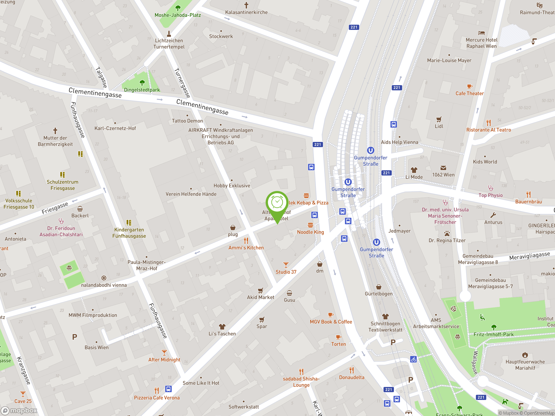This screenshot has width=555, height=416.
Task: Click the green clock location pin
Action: (x=277, y=203)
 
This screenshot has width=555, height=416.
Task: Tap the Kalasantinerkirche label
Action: (x=246, y=12)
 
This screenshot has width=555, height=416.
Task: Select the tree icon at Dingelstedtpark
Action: (x=142, y=83)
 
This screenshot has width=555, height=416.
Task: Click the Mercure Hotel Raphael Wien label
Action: (x=481, y=43)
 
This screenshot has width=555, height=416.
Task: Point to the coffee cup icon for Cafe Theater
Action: (x=469, y=86)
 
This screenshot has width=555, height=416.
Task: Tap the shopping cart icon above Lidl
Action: (x=439, y=119)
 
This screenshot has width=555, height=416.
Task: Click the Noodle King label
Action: (x=310, y=232)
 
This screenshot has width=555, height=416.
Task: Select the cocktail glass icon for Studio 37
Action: (x=286, y=265)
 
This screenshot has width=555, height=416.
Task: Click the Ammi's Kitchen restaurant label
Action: (x=246, y=247)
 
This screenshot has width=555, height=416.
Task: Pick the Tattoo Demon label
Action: (x=187, y=121)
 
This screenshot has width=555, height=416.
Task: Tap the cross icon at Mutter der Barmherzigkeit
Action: (x=55, y=131)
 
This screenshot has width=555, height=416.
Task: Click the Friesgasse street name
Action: (x=55, y=208)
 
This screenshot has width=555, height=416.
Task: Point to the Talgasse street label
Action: (x=101, y=77)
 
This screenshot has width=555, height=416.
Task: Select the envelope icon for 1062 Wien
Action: (x=443, y=168)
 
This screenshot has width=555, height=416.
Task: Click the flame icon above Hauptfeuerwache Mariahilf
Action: (x=525, y=355)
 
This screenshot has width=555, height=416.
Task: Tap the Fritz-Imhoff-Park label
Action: (x=493, y=334)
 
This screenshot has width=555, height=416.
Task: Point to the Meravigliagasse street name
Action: (x=529, y=256)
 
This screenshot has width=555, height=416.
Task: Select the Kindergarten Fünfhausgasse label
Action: (x=129, y=233)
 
